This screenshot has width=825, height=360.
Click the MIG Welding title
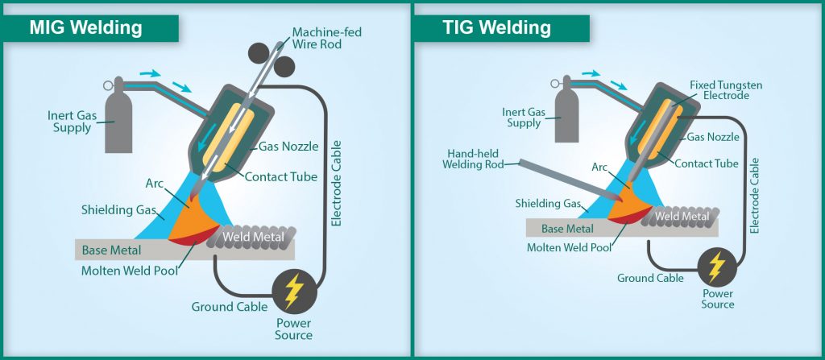click(x=85, y=27)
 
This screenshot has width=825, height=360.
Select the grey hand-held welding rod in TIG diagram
click(x=560, y=176)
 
